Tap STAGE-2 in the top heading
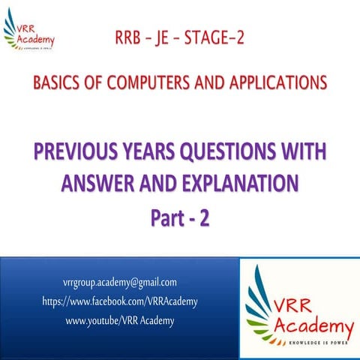pyautogui.click(x=225, y=37)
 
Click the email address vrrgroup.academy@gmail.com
pyautogui.click(x=120, y=283)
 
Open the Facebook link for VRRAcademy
pyautogui.click(x=120, y=301)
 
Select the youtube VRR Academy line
pyautogui.click(x=120, y=321)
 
